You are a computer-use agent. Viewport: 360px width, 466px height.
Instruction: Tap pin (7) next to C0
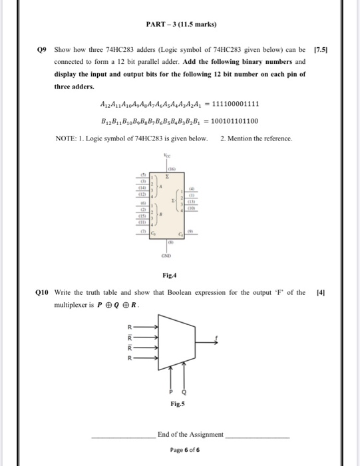[x=141, y=232]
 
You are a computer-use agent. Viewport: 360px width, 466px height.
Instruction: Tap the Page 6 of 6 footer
[x=180, y=449]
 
